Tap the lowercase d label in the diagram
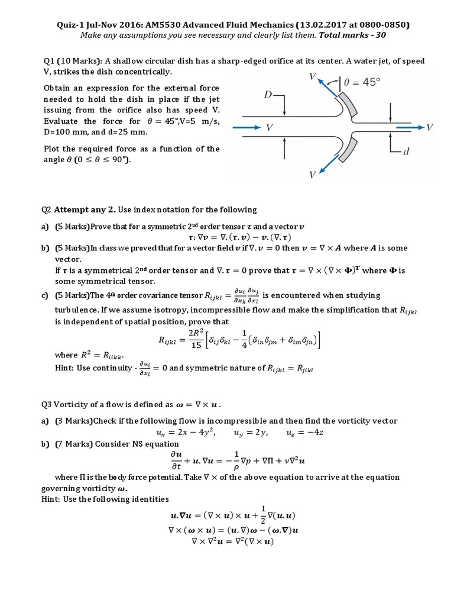406,152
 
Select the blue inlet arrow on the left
246,127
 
